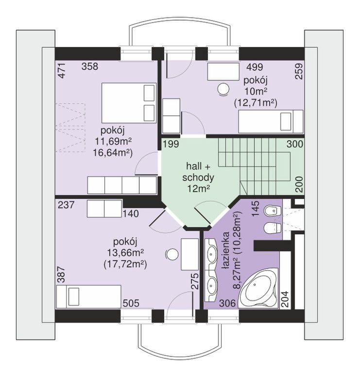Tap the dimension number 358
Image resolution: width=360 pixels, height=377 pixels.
pyautogui.click(x=90, y=66)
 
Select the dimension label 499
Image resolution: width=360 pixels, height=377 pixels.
pyautogui.click(x=255, y=67)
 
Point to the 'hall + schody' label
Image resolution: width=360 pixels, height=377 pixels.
pyautogui.click(x=198, y=172)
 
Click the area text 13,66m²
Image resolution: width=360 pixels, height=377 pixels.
pyautogui.click(x=125, y=253)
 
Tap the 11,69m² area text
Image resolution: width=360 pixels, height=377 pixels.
pyautogui.click(x=113, y=142)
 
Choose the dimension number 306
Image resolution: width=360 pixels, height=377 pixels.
pyautogui.click(x=227, y=303)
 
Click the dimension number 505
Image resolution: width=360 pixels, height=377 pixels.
pyautogui.click(x=131, y=303)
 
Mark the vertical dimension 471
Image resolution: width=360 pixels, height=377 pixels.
pyautogui.click(x=62, y=70)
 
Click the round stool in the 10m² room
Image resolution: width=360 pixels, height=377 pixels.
pyautogui.click(x=222, y=89)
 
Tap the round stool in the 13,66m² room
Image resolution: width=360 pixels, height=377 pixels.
pyautogui.click(x=171, y=254)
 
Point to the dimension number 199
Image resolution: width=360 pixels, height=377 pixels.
pyautogui.click(x=171, y=144)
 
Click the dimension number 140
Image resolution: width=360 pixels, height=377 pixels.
pyautogui.click(x=131, y=213)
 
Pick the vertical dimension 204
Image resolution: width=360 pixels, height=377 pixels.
pyautogui.click(x=285, y=299)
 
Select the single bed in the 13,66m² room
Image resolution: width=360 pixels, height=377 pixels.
pyautogui.click(x=88, y=296)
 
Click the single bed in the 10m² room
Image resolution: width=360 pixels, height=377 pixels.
pyautogui.click(x=271, y=121)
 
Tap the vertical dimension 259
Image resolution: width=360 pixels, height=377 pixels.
pyautogui.click(x=298, y=71)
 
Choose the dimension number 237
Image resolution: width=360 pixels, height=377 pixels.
pyautogui.click(x=66, y=205)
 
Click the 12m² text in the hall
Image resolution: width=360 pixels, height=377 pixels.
pyautogui.click(x=198, y=188)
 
